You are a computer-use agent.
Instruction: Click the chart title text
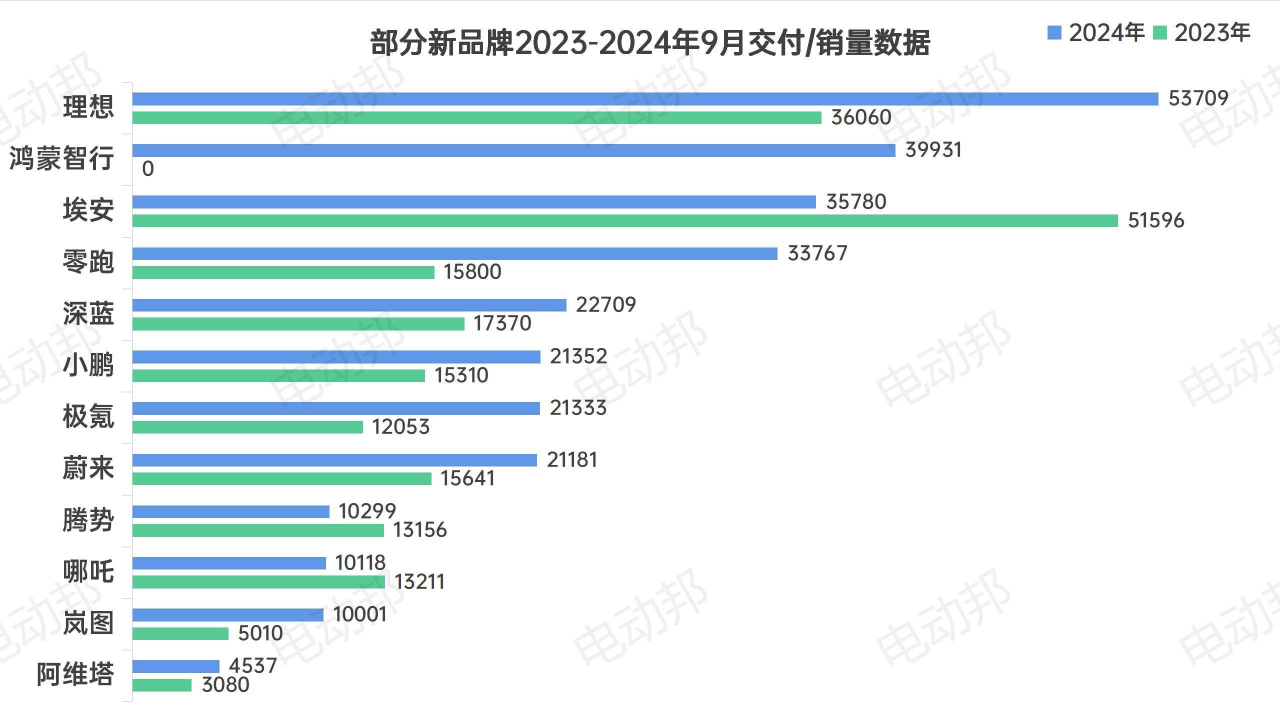coord(649,43)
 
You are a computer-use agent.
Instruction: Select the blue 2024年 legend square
coord(1054,33)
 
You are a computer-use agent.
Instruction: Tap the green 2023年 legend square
coord(1159,33)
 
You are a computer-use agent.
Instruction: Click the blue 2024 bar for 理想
coord(645,99)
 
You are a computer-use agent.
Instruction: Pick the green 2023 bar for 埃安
coord(625,220)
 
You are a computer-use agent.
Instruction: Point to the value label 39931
coord(933,150)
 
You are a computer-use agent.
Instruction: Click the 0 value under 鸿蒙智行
coord(147,169)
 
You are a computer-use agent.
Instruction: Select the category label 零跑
coord(88,262)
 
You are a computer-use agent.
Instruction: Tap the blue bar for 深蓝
coord(349,305)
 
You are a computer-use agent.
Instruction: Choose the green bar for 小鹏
coord(278,375)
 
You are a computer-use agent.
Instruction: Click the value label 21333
coord(578,408)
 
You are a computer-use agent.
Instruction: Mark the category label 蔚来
coord(88,468)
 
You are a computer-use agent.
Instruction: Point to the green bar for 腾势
coord(258,530)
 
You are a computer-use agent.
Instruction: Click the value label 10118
coord(360,563)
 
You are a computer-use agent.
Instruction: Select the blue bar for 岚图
coord(227,615)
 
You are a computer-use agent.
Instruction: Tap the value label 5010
coord(260,633)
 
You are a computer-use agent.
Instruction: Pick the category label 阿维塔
coord(75,675)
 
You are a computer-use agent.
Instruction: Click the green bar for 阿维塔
coord(161,685)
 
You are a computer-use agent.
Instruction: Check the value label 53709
coord(1198,98)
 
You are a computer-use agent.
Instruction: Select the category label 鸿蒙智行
coord(62,159)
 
